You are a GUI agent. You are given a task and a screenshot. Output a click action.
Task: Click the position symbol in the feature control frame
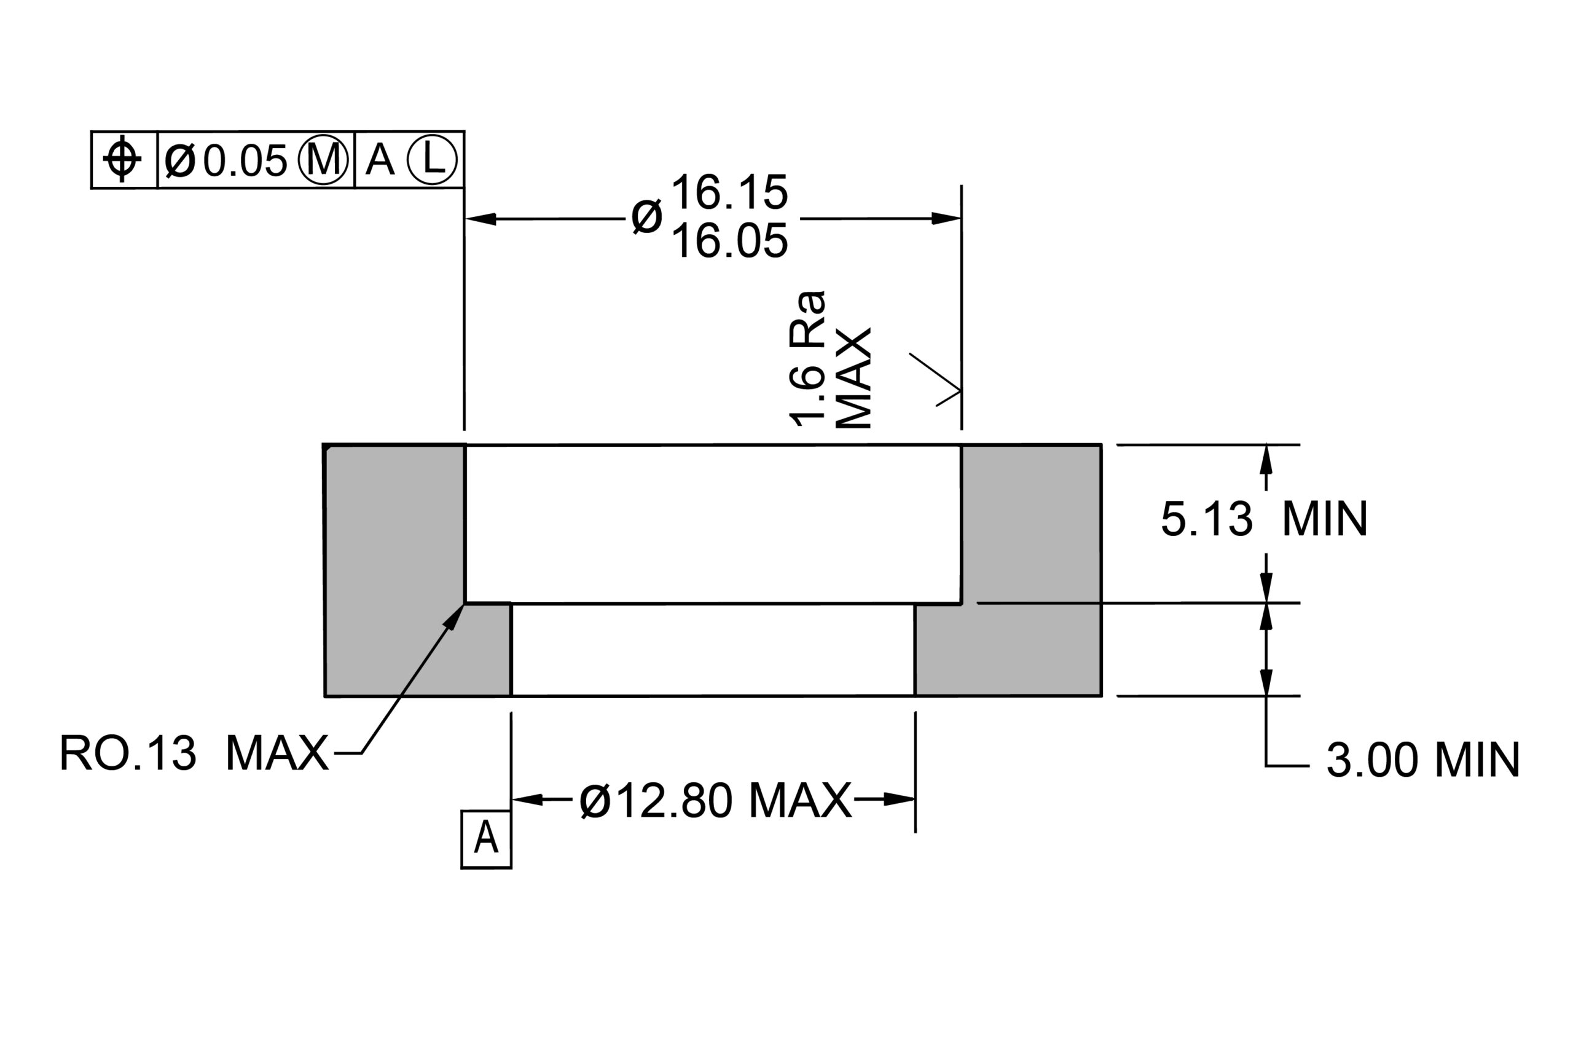122,159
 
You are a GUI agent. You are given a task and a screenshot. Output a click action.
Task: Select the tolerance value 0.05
245,161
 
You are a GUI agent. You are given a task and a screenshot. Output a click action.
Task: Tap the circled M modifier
324,160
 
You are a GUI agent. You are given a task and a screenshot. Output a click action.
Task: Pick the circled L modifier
432,160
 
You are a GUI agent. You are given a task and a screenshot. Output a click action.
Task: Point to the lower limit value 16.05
729,241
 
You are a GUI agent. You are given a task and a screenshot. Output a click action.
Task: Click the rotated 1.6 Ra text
808,359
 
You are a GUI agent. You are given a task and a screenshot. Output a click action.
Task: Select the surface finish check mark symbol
936,379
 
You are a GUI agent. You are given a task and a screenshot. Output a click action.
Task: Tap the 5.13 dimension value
1207,519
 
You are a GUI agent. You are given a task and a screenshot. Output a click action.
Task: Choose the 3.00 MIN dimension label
1423,760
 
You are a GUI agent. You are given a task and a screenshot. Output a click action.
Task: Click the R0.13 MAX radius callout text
194,753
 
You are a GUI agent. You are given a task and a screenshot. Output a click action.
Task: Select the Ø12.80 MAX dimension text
716,800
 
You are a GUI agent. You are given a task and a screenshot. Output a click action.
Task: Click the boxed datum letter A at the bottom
486,839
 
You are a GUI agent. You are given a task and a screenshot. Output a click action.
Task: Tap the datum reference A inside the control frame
380,160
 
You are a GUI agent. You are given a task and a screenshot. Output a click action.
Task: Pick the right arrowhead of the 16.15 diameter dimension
946,218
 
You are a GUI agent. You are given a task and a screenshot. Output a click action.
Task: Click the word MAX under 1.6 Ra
854,378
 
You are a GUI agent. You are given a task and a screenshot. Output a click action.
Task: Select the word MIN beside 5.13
1325,519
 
